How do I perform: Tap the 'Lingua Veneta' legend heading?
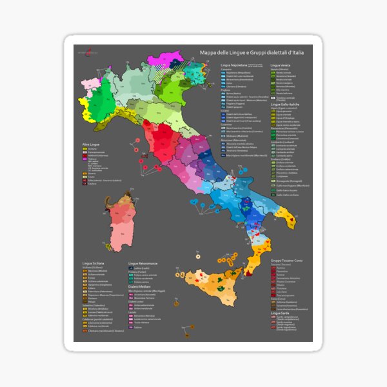(284, 66)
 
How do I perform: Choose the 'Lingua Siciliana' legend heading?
(96, 264)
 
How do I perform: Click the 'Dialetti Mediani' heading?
(142, 287)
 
